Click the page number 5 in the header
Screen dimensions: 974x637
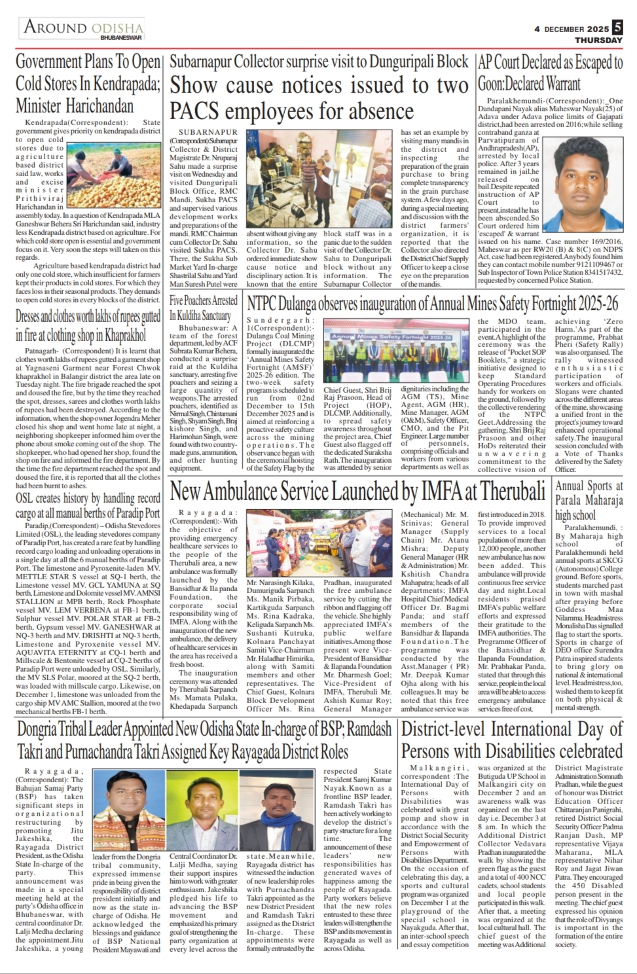pyautogui.click(x=618, y=28)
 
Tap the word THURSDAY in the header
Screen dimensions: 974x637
pyautogui.click(x=599, y=41)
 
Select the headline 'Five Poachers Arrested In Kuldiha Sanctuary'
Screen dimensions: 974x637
pyautogui.click(x=204, y=308)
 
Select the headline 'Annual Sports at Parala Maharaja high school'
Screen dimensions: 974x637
pyautogui.click(x=589, y=500)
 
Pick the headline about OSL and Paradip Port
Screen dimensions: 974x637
pyautogui.click(x=88, y=505)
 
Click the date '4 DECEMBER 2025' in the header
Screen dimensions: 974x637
pyautogui.click(x=571, y=28)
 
